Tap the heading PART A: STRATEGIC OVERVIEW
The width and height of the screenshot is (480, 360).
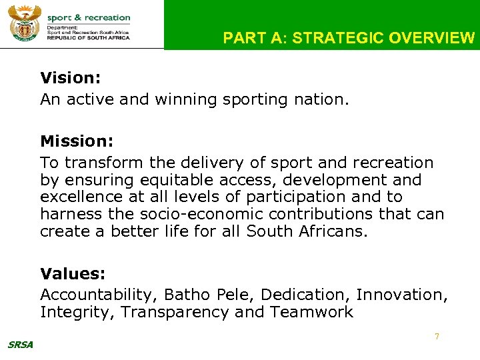349,38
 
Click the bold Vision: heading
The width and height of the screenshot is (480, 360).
70,78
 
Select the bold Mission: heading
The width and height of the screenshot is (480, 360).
77,141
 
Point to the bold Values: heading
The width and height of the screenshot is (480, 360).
73,274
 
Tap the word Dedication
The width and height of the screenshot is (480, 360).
305,295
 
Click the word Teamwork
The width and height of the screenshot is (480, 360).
311,312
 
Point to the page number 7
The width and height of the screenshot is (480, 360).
437,337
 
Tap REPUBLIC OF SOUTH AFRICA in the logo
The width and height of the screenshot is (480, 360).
88,37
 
